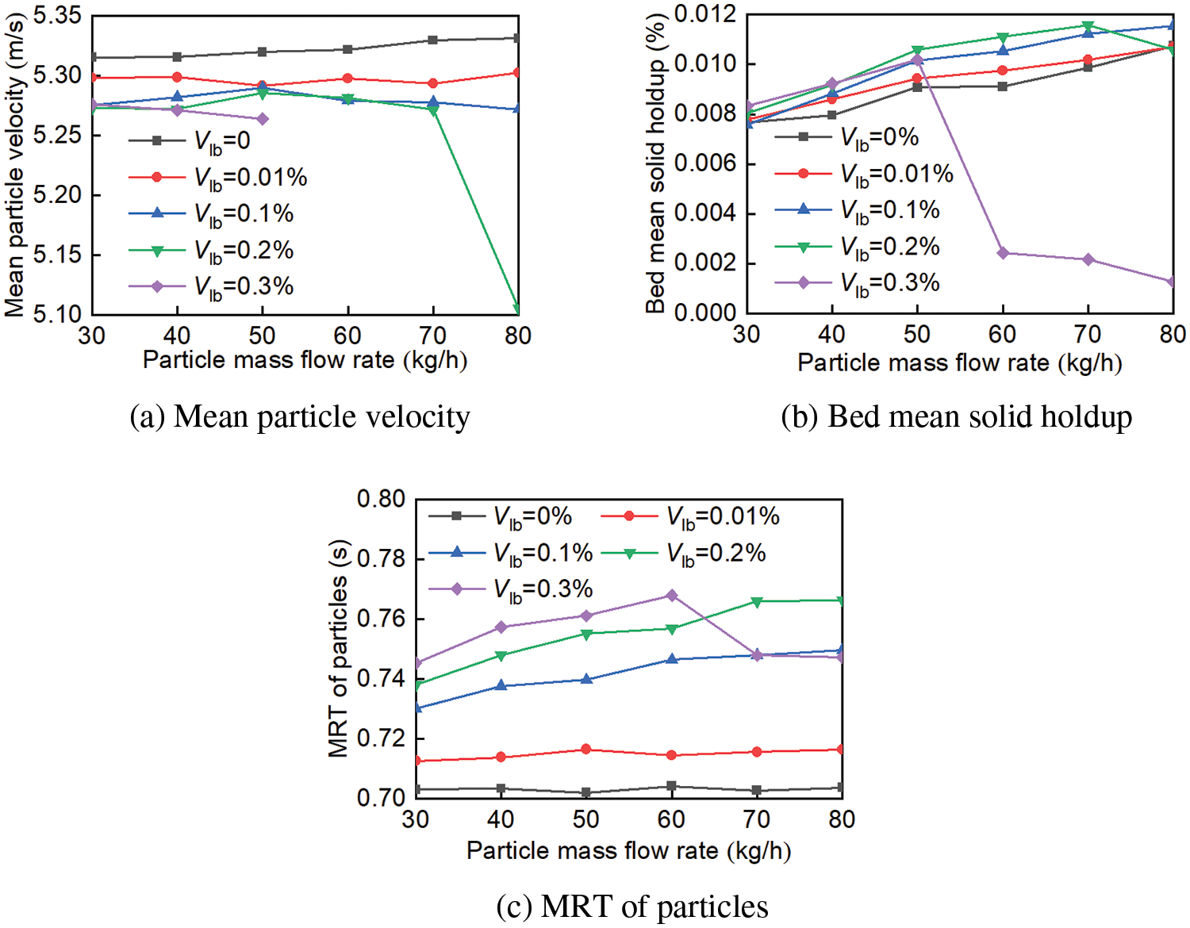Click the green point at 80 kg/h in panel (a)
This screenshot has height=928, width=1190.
517,309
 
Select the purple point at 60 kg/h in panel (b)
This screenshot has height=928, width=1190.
1003,253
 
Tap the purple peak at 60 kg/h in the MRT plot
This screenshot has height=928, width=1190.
671,595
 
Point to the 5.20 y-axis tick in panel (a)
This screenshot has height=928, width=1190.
57,195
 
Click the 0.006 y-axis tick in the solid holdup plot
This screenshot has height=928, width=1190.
705,163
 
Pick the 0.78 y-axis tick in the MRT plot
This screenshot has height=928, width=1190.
381,559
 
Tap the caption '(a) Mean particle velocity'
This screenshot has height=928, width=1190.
300,417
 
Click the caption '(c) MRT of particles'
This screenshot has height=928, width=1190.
632,907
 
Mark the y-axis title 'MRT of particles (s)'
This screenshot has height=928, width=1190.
338,649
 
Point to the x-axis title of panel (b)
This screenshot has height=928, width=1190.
959,362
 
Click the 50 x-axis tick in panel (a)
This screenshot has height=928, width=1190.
262,336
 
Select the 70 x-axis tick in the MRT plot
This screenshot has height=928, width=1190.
756,819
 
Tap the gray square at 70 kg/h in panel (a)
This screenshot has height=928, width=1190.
432,40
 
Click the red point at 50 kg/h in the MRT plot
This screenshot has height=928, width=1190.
586,749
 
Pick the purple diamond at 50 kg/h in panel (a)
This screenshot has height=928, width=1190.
263,119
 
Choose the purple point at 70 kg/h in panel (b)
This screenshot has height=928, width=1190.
1088,259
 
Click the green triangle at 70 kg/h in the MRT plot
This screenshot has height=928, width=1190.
757,602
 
